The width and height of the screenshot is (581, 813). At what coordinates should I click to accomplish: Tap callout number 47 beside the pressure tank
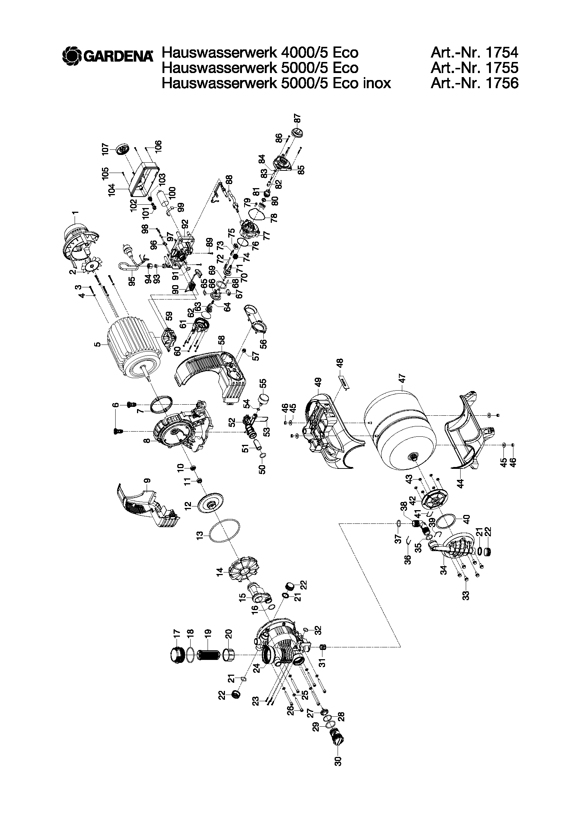(402, 378)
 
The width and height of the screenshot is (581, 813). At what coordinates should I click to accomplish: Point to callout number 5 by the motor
(97, 345)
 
